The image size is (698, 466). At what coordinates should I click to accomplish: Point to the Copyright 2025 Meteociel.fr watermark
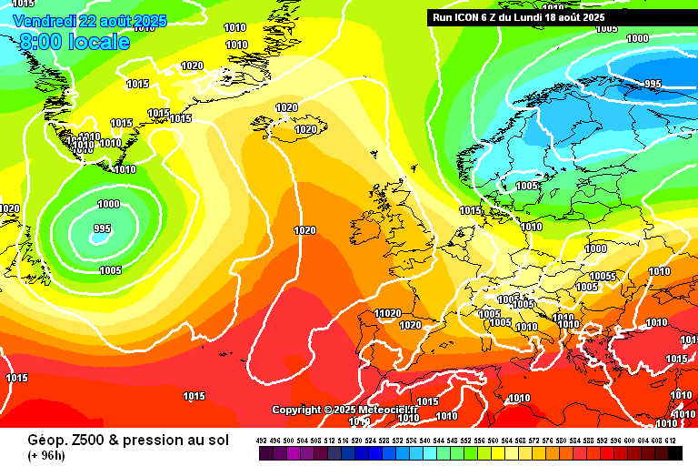[345, 410]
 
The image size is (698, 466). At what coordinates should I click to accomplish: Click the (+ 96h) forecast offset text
[46, 454]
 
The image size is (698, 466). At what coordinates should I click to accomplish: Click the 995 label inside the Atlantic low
[102, 228]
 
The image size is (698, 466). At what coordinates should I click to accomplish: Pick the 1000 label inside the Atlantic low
[108, 204]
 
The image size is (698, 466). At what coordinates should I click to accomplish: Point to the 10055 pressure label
[603, 277]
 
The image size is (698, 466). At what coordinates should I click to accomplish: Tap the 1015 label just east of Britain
[470, 210]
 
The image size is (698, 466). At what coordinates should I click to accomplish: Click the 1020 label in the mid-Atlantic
[304, 230]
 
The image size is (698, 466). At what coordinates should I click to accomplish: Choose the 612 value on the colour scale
[672, 440]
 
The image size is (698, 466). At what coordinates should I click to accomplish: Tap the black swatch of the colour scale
[675, 452]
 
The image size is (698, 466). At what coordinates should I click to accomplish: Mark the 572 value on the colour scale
[535, 440]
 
